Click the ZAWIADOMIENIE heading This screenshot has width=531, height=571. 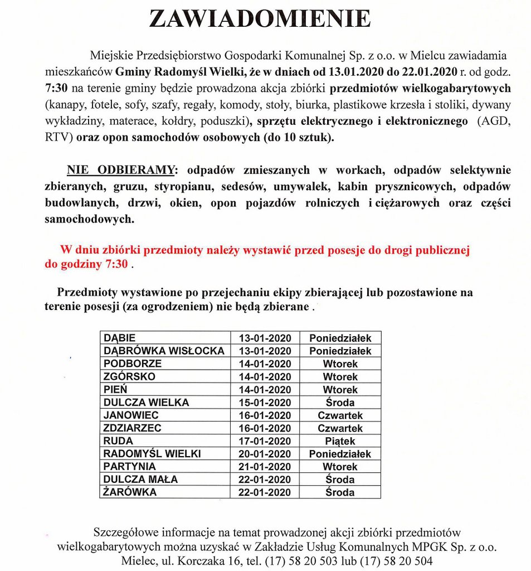[260, 19]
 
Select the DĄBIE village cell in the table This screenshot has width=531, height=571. [120, 338]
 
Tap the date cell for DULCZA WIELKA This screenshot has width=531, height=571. [265, 403]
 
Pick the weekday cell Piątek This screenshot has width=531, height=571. [340, 441]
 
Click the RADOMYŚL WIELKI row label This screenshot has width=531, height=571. [152, 454]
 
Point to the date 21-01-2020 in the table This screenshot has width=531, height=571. [265, 467]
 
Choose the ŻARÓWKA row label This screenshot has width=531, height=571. [130, 492]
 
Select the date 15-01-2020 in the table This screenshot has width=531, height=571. [265, 403]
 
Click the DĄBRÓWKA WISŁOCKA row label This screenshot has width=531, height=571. [164, 351]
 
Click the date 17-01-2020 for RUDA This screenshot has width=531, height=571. [265, 441]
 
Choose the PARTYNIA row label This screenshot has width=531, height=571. [130, 467]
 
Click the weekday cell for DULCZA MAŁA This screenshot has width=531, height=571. [340, 480]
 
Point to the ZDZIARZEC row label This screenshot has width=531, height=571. [133, 428]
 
